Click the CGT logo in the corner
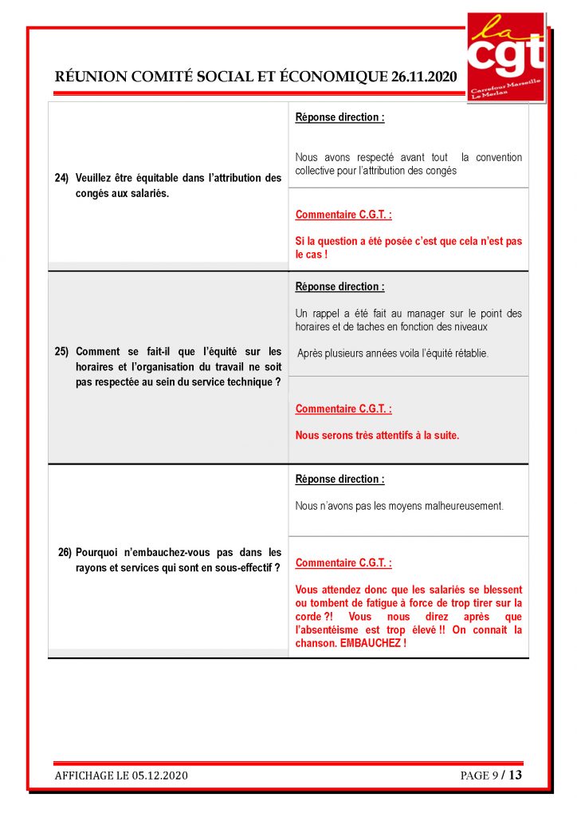pyautogui.click(x=505, y=57)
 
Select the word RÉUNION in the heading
pyautogui.click(x=84, y=77)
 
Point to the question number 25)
pyautogui.click(x=62, y=351)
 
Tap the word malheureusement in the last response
pyautogui.click(x=465, y=506)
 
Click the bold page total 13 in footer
pyautogui.click(x=516, y=775)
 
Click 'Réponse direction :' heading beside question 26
pyautogui.click(x=340, y=480)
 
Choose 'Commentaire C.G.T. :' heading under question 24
pyautogui.click(x=343, y=215)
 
